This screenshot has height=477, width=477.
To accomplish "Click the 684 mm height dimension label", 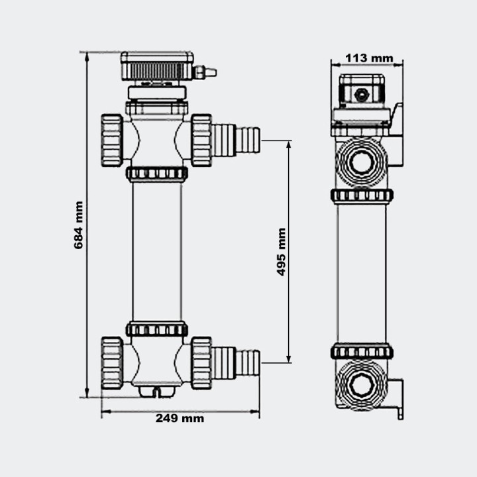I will [x=79, y=225].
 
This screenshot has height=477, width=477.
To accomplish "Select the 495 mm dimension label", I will [x=281, y=252].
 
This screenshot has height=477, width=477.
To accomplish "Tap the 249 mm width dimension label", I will [x=180, y=418].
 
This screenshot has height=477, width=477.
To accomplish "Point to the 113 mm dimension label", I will [x=369, y=58].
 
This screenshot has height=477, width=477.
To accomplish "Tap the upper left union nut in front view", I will [x=111, y=140].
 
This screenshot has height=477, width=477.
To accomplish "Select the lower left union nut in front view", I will [x=111, y=363].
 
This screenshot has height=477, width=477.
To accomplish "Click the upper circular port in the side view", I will [x=361, y=162].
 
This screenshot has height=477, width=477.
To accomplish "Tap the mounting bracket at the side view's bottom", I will [x=397, y=397].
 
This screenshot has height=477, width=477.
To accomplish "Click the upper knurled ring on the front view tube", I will [x=157, y=174].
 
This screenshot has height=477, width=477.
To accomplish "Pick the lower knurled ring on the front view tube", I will [x=157, y=329].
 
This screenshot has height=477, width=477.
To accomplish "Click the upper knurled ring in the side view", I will [x=362, y=195].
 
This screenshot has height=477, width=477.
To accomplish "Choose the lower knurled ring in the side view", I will [x=362, y=352].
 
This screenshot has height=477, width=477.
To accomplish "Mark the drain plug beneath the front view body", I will [x=157, y=391].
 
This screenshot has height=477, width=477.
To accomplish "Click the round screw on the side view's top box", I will [x=362, y=95].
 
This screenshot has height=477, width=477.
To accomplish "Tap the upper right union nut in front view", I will [x=201, y=140].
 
